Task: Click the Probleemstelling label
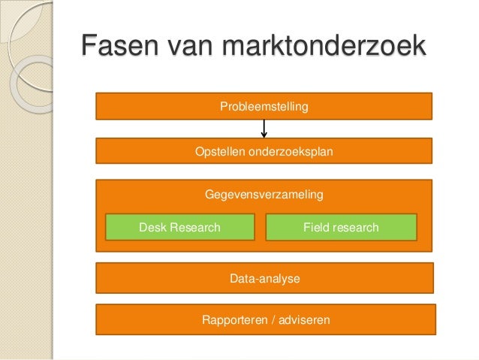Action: [264, 107]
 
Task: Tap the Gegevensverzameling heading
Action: [264, 195]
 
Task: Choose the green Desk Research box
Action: [179, 227]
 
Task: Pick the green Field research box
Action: [341, 227]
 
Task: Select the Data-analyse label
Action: [264, 279]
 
